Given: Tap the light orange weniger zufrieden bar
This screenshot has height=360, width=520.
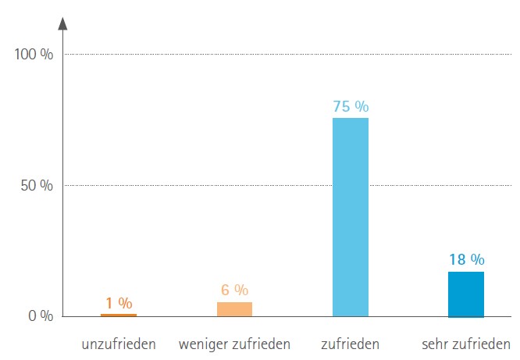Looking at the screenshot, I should pos(234,308).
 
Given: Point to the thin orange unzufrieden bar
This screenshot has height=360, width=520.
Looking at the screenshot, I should pos(119,315).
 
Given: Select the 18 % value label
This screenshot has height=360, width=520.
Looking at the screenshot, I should pos(466,260).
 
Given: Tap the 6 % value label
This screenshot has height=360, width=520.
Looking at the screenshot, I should pos(234,290).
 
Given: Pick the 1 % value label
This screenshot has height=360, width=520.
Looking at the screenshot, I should pos(119,303).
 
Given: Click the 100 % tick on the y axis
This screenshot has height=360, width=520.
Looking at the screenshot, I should pos(34,55).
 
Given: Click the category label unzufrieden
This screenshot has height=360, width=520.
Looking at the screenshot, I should pos(119,344).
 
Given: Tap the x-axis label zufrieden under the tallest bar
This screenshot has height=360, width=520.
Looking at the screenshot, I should pos(350,344).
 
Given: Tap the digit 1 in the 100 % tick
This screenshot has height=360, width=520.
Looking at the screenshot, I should pos(19,55).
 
